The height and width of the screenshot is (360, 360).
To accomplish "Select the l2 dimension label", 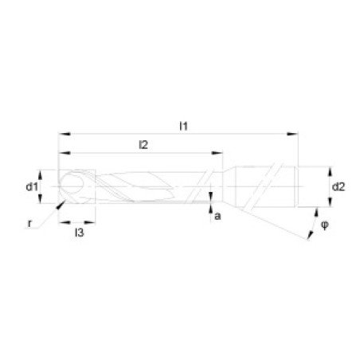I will coord(144,144).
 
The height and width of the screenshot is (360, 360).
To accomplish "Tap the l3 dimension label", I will coord(78,233).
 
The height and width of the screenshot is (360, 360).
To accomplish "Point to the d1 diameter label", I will coord(30,187).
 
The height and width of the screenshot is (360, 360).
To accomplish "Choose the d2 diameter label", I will coord(338,187).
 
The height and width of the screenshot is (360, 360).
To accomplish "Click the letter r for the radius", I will coord(29,224).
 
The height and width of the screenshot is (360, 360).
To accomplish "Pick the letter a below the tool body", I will coord(217,216).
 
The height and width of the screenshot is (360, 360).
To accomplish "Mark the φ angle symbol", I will coord(324,225).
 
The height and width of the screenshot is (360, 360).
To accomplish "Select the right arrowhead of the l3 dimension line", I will coord(94,223).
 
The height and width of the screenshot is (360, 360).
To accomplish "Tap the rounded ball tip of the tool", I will coord(69,185).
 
